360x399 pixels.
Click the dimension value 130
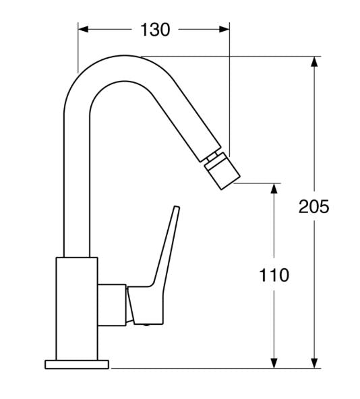click(x=155, y=29)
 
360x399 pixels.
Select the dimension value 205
click(x=313, y=206)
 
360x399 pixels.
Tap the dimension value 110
click(x=274, y=275)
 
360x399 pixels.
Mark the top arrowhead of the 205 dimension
click(x=314, y=62)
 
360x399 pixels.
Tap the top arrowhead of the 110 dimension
click(x=274, y=189)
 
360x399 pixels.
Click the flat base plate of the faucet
click(x=77, y=365)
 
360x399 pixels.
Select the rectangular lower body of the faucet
click(x=78, y=307)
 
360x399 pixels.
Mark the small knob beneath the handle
click(x=144, y=324)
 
